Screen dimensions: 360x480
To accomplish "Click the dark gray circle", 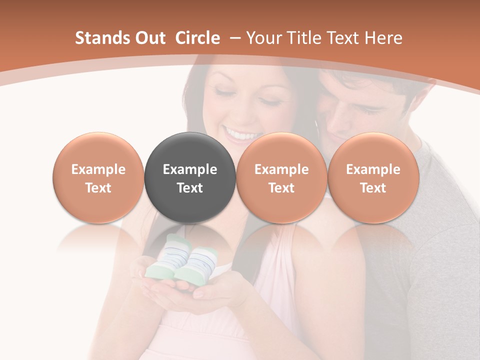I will coord(189,177).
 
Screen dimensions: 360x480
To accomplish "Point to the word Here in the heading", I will coord(383,38).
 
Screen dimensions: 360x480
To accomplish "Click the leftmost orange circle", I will coord(98,177).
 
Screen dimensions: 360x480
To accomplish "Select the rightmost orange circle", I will coord(373,177).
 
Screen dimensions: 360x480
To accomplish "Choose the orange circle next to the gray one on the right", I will coord(281,177).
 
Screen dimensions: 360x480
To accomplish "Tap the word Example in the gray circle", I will coord(189,169).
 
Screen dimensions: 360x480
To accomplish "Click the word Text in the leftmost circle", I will coord(98,188).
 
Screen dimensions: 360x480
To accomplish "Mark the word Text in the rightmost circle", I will coord(373,188).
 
